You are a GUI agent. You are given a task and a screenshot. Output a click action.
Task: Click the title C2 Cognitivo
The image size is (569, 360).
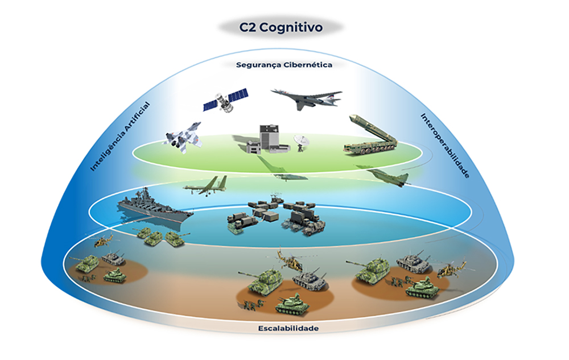281,26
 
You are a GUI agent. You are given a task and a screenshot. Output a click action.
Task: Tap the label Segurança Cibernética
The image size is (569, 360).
284,65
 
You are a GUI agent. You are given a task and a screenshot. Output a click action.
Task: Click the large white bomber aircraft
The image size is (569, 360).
307,98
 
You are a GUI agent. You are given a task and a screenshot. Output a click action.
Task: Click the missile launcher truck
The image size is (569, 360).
370,136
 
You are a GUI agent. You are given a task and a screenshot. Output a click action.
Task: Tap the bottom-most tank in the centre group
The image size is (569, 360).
292,305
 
